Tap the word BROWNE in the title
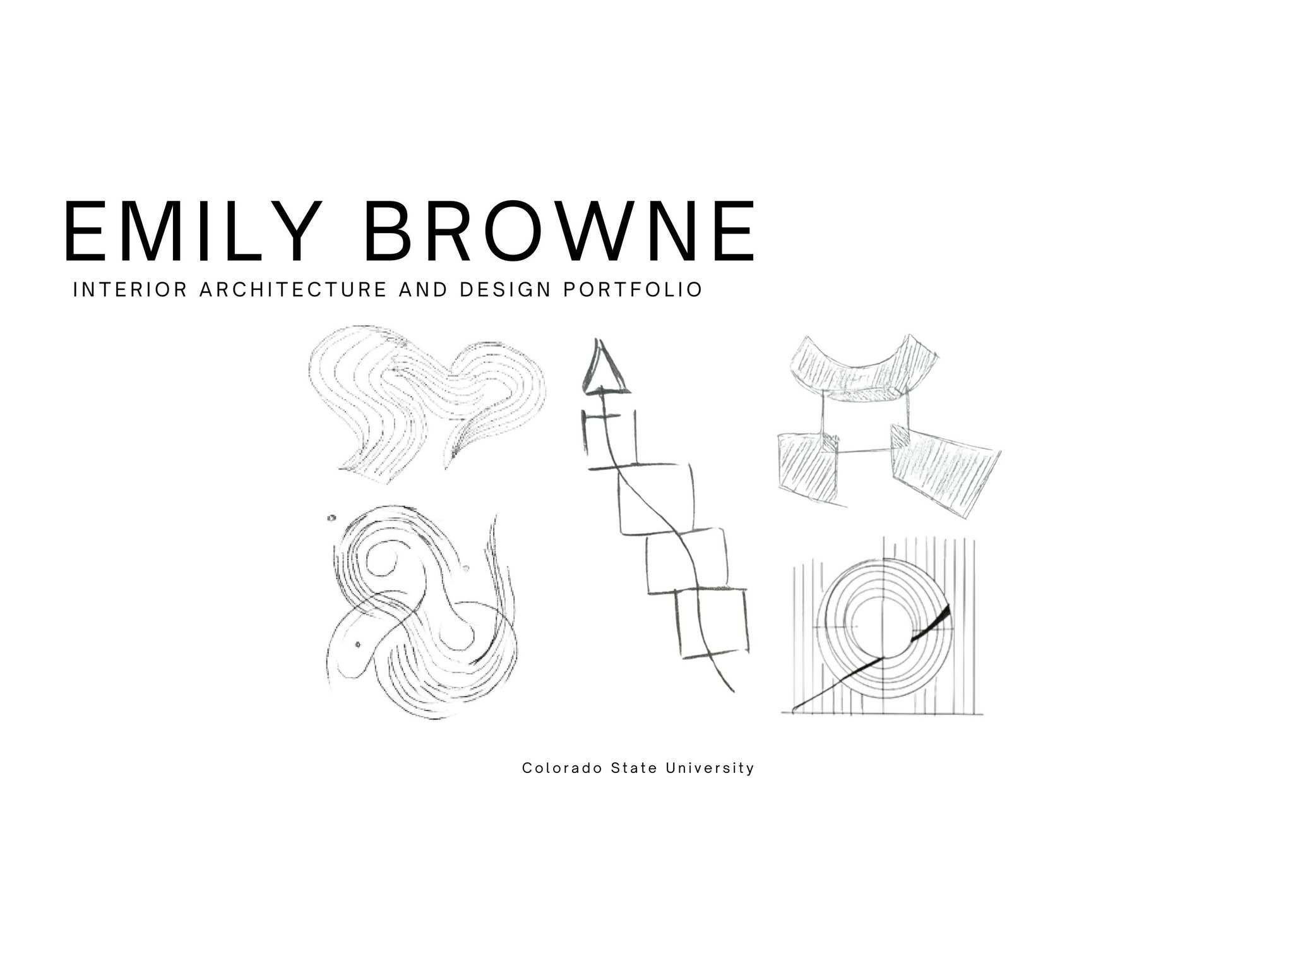pos(559,231)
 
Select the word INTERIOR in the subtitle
pos(130,290)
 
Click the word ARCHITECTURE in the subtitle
pos(293,290)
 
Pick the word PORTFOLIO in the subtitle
pos(633,290)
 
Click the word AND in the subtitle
pos(423,290)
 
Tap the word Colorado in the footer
pos(562,768)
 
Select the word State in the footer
pos(634,768)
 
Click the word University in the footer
pos(710,768)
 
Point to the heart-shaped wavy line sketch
pos(426,398)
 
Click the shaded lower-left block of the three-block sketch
pos(808,467)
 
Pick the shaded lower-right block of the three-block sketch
pos(944,470)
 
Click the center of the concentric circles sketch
pos(884,628)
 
